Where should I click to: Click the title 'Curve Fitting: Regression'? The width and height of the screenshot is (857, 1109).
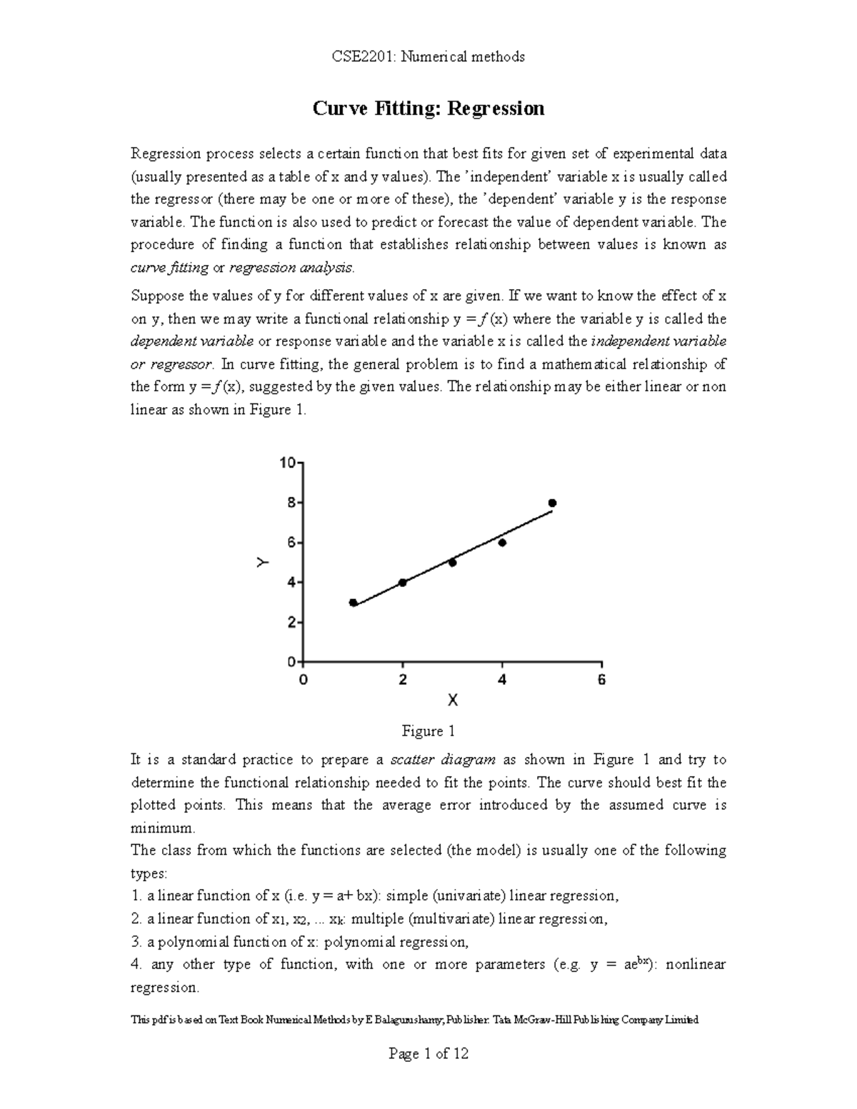click(x=428, y=109)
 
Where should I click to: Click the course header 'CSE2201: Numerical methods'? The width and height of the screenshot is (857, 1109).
click(x=428, y=56)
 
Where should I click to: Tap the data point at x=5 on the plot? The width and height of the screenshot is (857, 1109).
click(x=552, y=503)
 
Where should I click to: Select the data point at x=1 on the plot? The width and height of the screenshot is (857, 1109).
click(x=353, y=603)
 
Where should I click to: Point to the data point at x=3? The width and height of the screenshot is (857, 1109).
click(x=452, y=563)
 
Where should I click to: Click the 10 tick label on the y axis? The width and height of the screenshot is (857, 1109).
click(x=286, y=463)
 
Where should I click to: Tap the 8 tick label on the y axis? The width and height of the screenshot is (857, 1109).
click(x=290, y=503)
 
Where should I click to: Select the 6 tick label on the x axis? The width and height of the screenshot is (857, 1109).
click(x=601, y=680)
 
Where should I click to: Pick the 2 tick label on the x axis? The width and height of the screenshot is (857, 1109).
click(x=403, y=680)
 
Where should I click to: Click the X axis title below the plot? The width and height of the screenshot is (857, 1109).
click(x=452, y=701)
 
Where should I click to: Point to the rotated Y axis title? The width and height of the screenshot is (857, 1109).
click(x=264, y=563)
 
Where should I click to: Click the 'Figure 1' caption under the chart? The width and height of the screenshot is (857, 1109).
click(x=428, y=731)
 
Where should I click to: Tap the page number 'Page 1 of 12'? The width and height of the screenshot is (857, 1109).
click(x=428, y=1053)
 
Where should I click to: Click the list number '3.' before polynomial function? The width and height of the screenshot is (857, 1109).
click(x=136, y=942)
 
